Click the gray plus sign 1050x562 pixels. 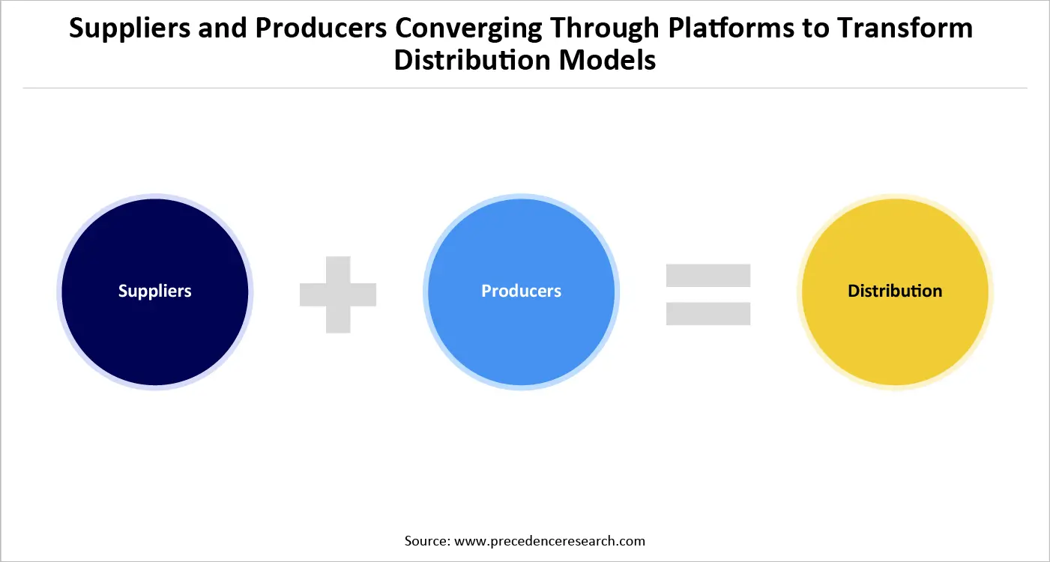point(338,294)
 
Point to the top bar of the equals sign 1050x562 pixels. point(708,275)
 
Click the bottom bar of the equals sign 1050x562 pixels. point(708,313)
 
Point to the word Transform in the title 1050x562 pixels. point(905,28)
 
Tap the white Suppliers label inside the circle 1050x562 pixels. point(155,291)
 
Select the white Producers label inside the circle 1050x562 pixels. point(521,291)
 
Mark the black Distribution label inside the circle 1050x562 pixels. point(895,291)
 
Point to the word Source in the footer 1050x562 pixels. point(426,540)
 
